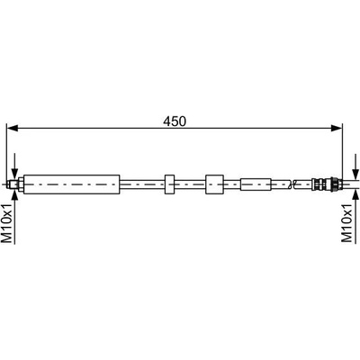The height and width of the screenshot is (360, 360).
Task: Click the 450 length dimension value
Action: (x=175, y=121)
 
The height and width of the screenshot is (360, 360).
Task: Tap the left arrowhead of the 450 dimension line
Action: (x=13, y=129)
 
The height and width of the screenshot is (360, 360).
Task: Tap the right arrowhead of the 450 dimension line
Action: (x=337, y=129)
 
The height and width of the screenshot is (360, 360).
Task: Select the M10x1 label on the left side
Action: (x=7, y=222)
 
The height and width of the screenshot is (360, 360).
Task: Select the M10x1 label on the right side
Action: (x=347, y=222)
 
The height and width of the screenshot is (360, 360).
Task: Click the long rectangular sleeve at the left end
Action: (x=72, y=184)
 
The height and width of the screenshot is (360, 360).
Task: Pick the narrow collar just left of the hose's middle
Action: (x=169, y=184)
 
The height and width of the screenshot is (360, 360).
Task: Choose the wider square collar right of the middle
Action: (x=214, y=184)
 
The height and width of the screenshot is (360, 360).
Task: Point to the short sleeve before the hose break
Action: (x=256, y=184)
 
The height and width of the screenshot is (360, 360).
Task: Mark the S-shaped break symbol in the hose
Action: (x=290, y=184)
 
